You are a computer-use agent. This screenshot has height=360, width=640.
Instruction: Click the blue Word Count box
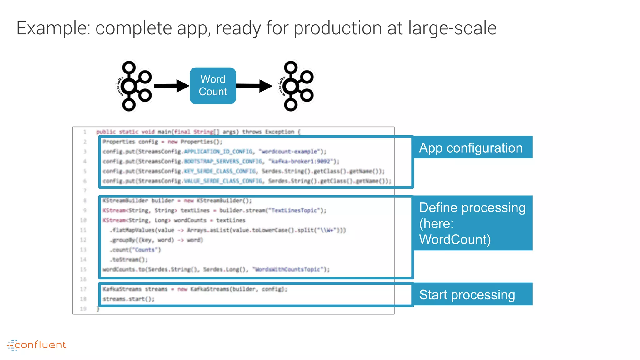click(x=213, y=86)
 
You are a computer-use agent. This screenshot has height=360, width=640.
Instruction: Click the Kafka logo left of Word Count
click(x=134, y=86)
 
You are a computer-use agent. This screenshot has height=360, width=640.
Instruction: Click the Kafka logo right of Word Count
click(x=296, y=86)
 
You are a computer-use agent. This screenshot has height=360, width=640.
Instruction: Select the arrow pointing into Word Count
click(x=171, y=86)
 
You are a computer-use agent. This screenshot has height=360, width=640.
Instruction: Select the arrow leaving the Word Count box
click(x=254, y=86)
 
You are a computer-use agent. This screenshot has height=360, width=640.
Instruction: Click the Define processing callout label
click(x=472, y=223)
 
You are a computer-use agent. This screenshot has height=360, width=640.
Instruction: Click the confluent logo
click(x=37, y=345)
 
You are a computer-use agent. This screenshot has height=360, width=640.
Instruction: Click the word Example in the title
click(x=53, y=28)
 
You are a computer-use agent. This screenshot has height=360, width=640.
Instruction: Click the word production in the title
click(x=337, y=28)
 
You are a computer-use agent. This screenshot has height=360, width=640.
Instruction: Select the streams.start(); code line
click(x=128, y=299)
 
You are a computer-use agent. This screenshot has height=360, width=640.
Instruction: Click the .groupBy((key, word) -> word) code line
click(x=156, y=240)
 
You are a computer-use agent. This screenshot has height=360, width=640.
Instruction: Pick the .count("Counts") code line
click(x=135, y=250)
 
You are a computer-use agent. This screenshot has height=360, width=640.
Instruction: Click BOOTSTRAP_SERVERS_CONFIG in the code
click(x=223, y=161)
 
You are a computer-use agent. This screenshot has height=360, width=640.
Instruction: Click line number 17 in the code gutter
click(x=83, y=289)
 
